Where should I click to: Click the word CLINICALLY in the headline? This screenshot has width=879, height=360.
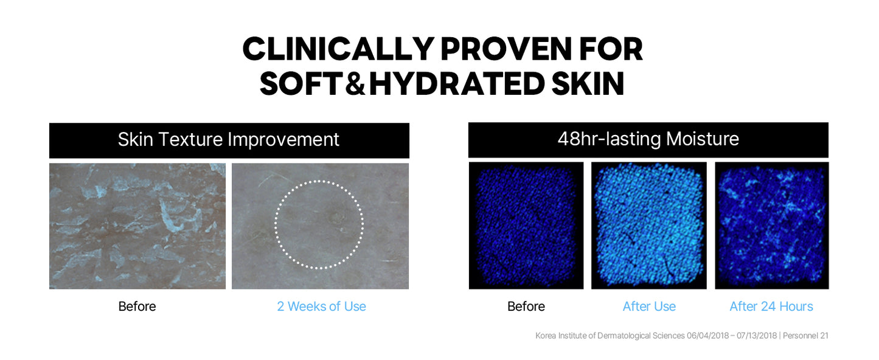(x=338, y=49)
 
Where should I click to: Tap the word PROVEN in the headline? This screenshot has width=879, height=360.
(x=506, y=49)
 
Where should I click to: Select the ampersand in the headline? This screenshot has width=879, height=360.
(x=355, y=83)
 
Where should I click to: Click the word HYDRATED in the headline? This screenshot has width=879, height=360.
(x=457, y=83)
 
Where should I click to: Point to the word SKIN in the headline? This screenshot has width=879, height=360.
(x=588, y=83)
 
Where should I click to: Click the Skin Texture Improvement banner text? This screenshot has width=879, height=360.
(x=228, y=140)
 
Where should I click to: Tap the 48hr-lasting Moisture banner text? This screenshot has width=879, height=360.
(x=648, y=139)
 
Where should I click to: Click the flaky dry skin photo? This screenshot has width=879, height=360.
(x=137, y=226)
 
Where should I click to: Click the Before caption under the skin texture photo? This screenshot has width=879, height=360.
(x=137, y=306)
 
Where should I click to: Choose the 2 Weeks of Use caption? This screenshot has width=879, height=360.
(x=321, y=306)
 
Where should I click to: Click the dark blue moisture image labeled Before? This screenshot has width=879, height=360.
(x=526, y=226)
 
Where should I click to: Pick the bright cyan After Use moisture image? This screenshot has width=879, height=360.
(x=649, y=226)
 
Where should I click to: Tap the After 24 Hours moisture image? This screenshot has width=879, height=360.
(x=772, y=226)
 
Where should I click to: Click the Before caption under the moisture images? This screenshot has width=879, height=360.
(x=526, y=306)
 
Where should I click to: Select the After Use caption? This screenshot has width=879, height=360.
(x=649, y=306)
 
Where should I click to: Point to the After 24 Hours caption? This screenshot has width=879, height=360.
(x=771, y=306)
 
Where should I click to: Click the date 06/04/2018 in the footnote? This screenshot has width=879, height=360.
(x=707, y=336)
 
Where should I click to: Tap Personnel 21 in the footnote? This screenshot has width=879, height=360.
(x=805, y=336)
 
